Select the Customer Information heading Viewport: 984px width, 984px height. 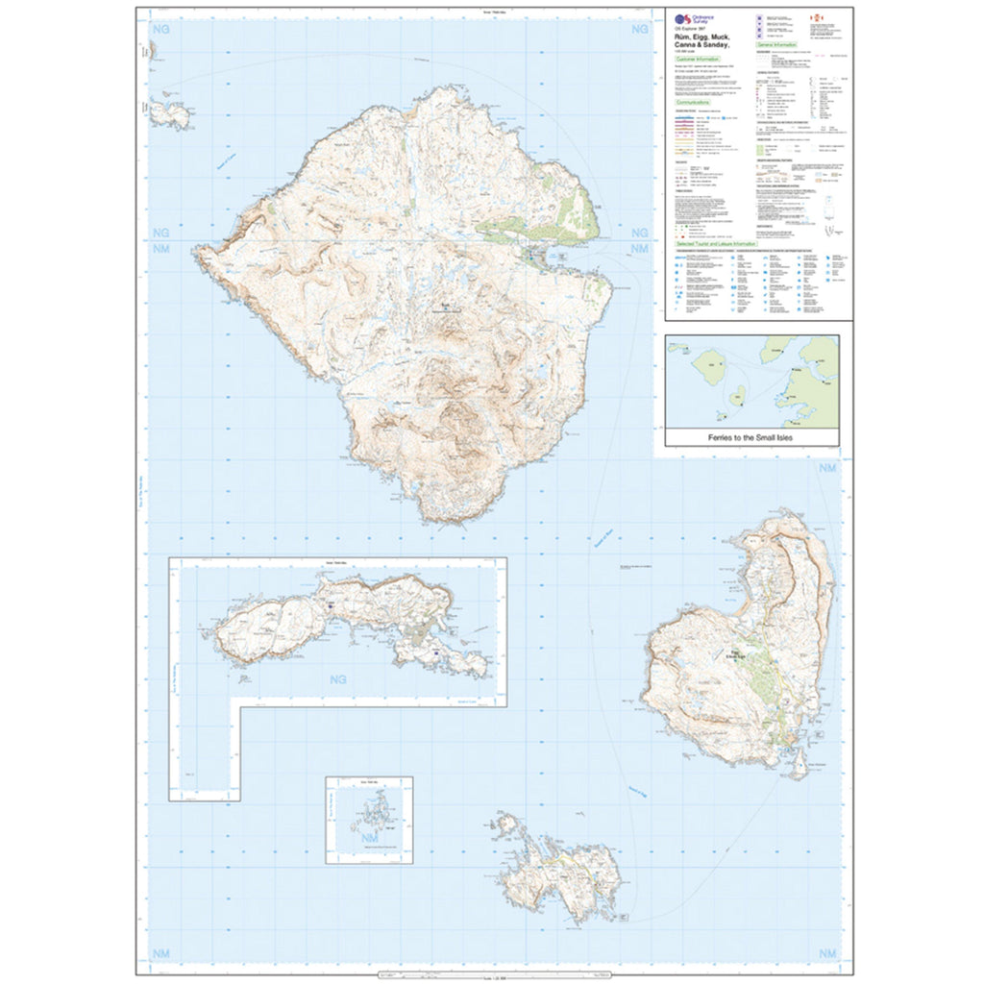699,60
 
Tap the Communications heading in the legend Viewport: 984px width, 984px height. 693,101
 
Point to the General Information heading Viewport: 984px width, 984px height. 777,45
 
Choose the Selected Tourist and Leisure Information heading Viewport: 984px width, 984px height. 712,245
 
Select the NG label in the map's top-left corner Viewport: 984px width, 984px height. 160,31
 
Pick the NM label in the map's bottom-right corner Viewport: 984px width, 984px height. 826,953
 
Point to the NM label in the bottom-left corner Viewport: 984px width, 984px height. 160,953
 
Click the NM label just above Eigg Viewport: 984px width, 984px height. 826,468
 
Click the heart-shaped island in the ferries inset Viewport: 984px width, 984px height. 738,395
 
